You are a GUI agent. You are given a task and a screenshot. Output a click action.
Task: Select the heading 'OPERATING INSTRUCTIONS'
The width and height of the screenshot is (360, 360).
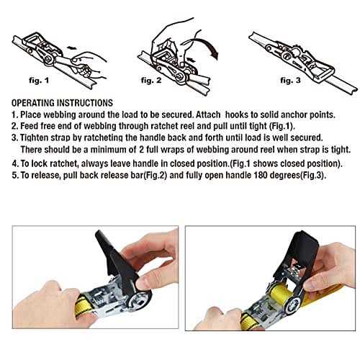pyautogui.click(x=62, y=103)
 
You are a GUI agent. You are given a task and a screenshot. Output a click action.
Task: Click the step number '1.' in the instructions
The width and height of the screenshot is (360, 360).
pyautogui.click(x=15, y=115)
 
